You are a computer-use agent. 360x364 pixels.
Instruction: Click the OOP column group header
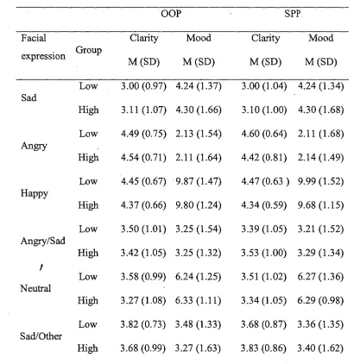click(171, 14)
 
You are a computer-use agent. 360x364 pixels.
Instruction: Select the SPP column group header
click(293, 14)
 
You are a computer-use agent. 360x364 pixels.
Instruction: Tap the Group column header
click(89, 50)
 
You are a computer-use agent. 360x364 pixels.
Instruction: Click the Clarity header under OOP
click(143, 38)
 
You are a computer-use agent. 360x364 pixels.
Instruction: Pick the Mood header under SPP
click(321, 38)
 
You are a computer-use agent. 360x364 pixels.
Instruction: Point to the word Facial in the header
click(34, 38)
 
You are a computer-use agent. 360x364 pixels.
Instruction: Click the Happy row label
click(35, 193)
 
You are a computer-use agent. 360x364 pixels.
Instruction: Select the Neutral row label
click(35, 288)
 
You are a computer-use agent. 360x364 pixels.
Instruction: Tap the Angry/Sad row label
click(43, 241)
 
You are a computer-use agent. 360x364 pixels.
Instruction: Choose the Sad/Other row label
click(41, 336)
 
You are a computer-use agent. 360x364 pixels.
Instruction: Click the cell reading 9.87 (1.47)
click(199, 181)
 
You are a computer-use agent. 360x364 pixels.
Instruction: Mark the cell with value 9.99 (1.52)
click(320, 181)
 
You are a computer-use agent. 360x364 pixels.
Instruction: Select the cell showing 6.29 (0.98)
click(320, 300)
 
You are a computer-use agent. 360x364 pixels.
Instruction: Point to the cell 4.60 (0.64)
click(264, 134)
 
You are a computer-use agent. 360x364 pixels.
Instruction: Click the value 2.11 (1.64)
click(199, 158)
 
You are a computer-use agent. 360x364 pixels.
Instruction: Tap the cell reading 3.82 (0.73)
click(143, 324)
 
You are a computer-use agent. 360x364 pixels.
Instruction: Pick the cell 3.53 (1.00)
click(263, 253)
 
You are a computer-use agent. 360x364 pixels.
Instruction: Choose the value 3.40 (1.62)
click(320, 348)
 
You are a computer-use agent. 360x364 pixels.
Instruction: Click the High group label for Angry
click(88, 158)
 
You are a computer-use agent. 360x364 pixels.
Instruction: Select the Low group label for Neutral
click(88, 277)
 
